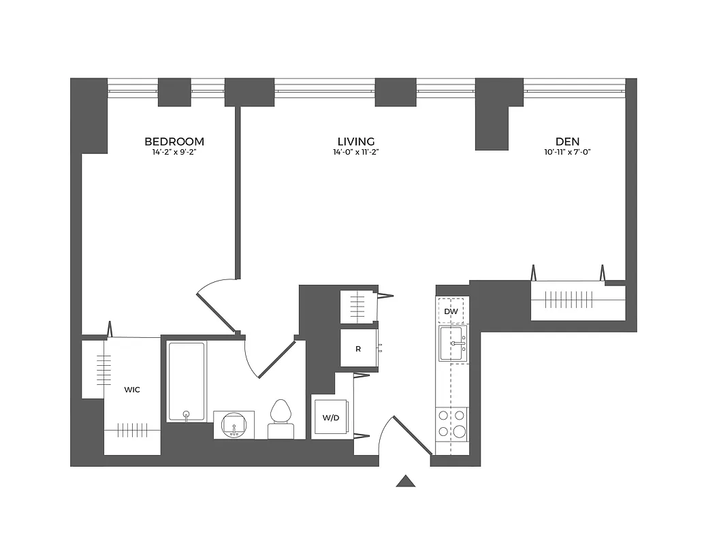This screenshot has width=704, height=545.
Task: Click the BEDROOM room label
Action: click(x=174, y=142)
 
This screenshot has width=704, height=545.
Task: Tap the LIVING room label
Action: click(x=356, y=142)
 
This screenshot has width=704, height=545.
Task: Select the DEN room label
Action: click(x=566, y=142)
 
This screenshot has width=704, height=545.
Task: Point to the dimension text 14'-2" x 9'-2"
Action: click(x=174, y=153)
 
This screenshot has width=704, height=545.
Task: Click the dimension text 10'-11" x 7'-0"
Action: click(x=566, y=153)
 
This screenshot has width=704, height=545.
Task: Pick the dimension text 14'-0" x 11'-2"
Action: click(x=356, y=153)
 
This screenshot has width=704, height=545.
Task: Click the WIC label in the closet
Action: click(x=132, y=390)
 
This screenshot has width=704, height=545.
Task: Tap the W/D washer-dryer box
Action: click(x=331, y=417)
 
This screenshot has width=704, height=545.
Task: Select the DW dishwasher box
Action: click(x=451, y=311)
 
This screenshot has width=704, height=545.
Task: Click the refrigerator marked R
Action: click(x=358, y=349)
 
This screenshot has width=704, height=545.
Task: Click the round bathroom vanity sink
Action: click(x=234, y=424)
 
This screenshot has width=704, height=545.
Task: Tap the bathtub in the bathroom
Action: click(x=187, y=381)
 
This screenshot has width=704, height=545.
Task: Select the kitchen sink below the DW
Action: click(x=453, y=343)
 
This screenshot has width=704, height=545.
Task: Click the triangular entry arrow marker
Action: click(x=406, y=481)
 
